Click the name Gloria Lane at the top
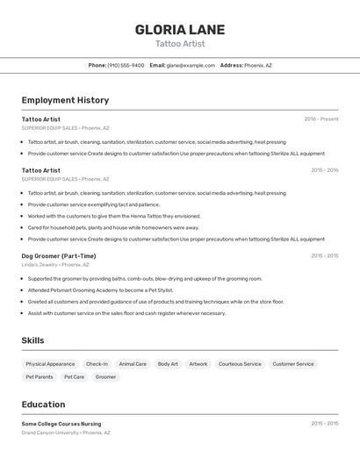[180, 29]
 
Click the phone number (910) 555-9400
[126, 65]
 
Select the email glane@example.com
[191, 65]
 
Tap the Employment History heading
[65, 100]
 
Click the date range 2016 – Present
[320, 119]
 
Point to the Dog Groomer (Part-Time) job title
[59, 256]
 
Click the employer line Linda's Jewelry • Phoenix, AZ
[56, 264]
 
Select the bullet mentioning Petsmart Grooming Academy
[100, 290]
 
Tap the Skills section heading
[32, 340]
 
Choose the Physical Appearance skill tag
[50, 363]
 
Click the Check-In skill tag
[97, 363]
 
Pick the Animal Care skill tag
[133, 363]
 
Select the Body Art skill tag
[168, 363]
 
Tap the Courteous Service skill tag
[240, 363]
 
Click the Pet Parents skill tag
[40, 376]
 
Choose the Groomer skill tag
[105, 376]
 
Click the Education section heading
[43, 404]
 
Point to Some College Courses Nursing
[61, 424]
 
